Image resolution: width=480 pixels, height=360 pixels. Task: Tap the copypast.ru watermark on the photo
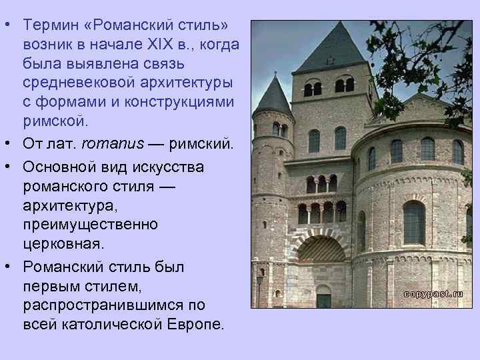[x=433, y=293]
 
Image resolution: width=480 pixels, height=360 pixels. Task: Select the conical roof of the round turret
[x=273, y=97]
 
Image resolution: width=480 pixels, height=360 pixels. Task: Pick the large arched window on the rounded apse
[x=414, y=222]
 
